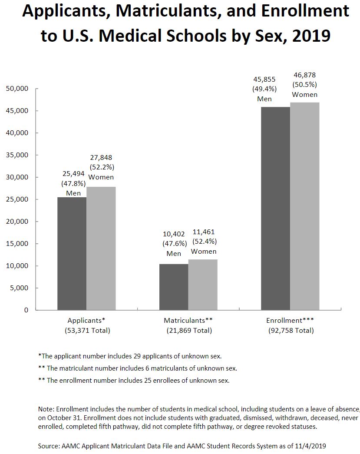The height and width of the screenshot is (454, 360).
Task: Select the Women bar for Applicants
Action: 101,248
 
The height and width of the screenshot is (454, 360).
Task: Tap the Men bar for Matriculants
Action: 174,287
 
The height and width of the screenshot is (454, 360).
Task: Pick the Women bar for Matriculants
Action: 203,285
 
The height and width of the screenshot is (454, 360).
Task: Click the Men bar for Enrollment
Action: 275,208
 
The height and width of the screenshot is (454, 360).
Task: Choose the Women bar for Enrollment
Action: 304,206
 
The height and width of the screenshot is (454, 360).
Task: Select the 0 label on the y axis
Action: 26,310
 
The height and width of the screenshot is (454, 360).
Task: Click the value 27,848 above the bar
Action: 101,157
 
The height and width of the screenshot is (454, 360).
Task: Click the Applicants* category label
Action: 86,321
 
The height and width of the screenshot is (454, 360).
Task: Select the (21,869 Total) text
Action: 189,331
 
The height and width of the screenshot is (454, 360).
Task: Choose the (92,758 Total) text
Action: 291,331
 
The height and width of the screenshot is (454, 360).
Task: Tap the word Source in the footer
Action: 48,446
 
